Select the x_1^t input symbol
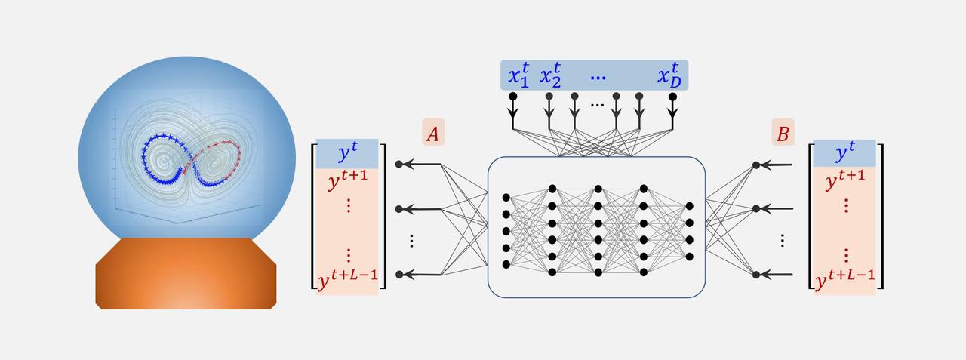518,76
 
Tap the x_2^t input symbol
550,76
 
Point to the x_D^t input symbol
669,76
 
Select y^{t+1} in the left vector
348,183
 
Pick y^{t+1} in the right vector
845,182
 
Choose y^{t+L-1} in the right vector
845,280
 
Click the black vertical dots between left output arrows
411,241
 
